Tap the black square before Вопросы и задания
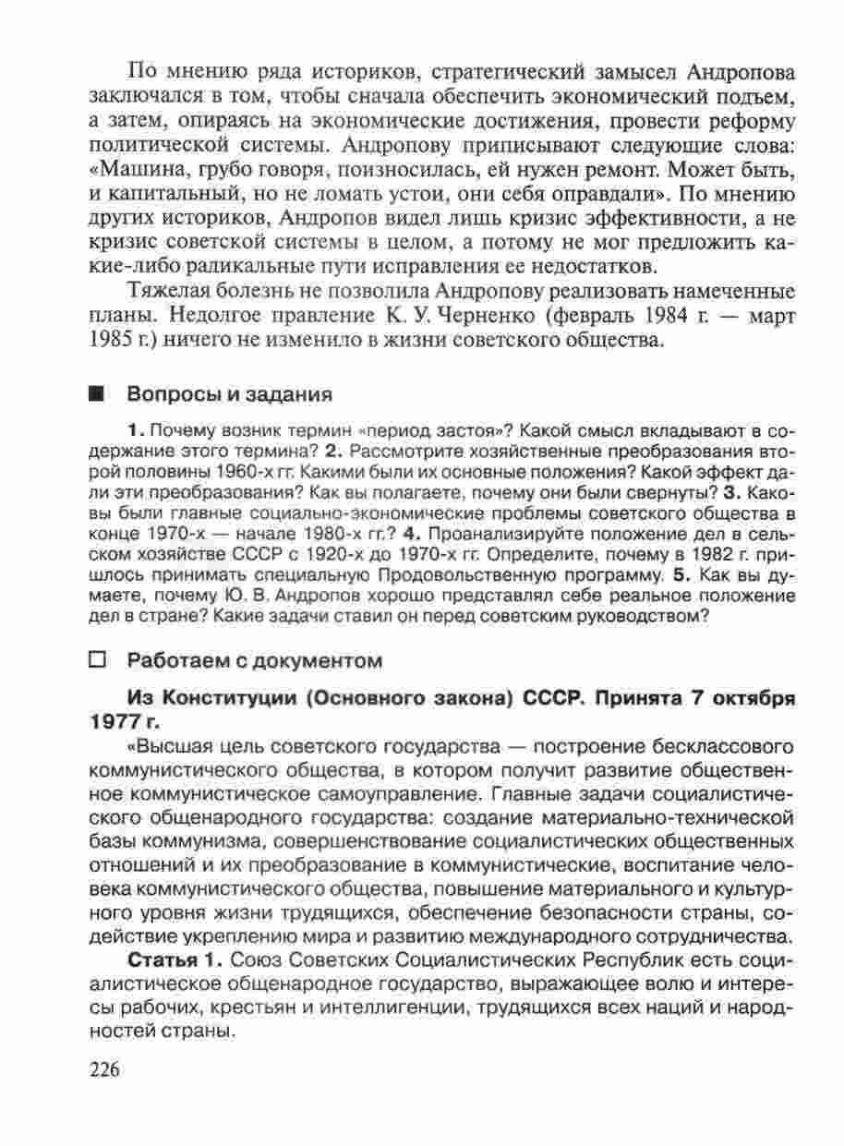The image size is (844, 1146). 95,394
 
